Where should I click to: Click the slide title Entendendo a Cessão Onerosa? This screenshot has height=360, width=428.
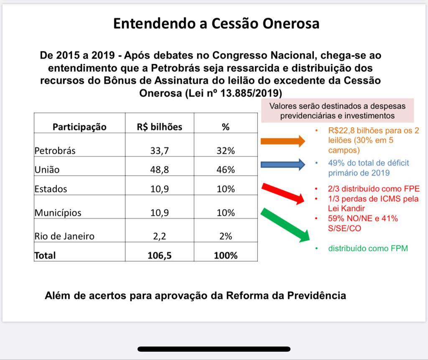click(x=216, y=23)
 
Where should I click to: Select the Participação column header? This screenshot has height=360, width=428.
click(x=79, y=127)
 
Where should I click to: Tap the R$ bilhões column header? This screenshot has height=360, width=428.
click(x=159, y=127)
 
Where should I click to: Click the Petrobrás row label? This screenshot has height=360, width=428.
click(x=55, y=151)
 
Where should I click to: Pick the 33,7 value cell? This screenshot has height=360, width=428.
click(x=159, y=151)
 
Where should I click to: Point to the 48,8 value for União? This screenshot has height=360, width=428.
click(x=159, y=170)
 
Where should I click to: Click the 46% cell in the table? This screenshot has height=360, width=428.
click(x=225, y=170)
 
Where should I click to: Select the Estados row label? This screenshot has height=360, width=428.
click(x=51, y=189)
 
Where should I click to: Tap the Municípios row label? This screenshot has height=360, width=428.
click(x=58, y=212)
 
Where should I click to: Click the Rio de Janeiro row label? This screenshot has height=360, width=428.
click(x=64, y=236)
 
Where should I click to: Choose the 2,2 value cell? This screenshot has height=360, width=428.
click(x=159, y=236)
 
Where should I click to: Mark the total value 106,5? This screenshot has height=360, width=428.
click(x=159, y=255)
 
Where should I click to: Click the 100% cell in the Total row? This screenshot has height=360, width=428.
click(x=225, y=255)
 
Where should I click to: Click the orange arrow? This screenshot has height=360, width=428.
click(x=283, y=141)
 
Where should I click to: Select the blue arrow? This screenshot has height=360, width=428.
click(x=283, y=164)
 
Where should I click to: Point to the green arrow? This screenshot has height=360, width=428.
click(x=285, y=225)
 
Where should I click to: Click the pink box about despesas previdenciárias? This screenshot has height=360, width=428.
click(x=337, y=110)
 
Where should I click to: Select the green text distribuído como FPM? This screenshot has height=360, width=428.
click(x=367, y=248)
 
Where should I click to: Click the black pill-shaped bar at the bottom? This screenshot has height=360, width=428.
click(x=214, y=349)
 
